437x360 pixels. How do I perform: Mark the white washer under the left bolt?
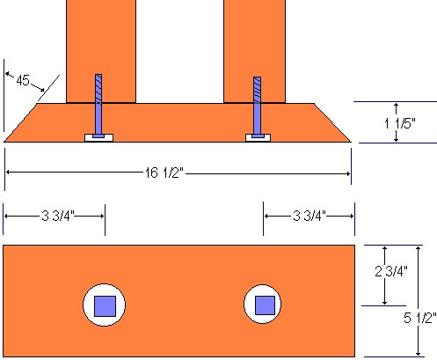tap(98, 138)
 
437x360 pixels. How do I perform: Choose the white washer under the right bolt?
tap(258, 138)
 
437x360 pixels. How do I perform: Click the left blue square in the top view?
tap(106, 305)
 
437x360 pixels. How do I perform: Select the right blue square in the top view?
tap(264, 305)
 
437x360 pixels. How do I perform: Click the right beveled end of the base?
tap(332, 123)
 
